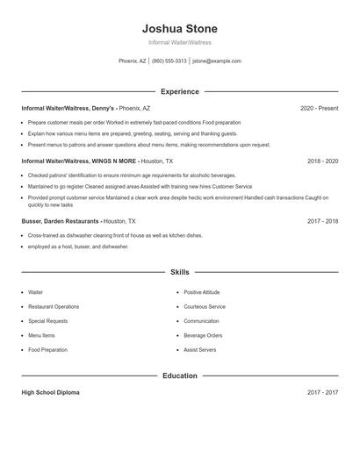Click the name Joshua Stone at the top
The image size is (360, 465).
[x=179, y=28]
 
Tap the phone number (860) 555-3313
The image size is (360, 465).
[x=169, y=61]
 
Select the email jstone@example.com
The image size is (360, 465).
[x=217, y=61]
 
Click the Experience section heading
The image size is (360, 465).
[x=179, y=91]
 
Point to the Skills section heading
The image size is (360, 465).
[x=179, y=273]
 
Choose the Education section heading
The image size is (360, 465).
[x=179, y=376]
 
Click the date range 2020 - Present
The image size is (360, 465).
[x=319, y=108]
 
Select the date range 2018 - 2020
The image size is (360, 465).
[x=322, y=161]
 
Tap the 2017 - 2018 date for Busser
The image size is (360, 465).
[x=322, y=222]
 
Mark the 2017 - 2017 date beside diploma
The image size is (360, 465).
[x=322, y=392]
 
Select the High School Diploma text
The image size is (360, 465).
[x=50, y=392]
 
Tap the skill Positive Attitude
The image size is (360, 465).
[x=203, y=292]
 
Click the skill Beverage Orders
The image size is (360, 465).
[x=203, y=335]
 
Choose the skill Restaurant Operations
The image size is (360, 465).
[x=54, y=306]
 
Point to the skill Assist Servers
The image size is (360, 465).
[x=200, y=349]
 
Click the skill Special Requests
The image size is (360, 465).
[x=47, y=321]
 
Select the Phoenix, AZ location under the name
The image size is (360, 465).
[x=133, y=61]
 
